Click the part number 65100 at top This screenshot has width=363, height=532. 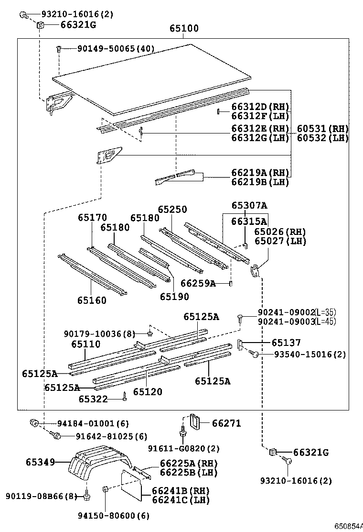[x=184, y=29]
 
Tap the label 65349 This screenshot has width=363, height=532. [x=40, y=462]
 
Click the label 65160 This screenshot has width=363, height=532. [x=92, y=300]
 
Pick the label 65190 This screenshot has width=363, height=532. [x=174, y=297]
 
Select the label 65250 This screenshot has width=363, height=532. [x=172, y=210]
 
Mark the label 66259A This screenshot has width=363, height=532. [x=198, y=284]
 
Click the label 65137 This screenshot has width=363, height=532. [x=286, y=343]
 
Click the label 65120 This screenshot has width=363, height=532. [x=148, y=392]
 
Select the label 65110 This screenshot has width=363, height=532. [x=86, y=344]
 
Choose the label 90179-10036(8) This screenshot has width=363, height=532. [x=100, y=333]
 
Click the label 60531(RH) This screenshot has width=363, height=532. [x=322, y=129]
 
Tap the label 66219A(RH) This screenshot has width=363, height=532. [x=260, y=172]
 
